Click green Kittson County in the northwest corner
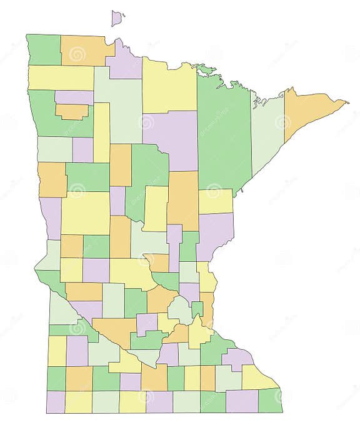[x=44, y=50]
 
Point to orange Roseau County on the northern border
[x=83, y=51]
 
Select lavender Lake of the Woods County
[x=125, y=62]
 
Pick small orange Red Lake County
[x=72, y=111]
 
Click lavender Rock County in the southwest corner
[x=56, y=401]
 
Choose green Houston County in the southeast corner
[x=271, y=401]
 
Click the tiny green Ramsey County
[x=197, y=308]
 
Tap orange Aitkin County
[x=182, y=200]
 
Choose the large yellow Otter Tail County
[x=86, y=212]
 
